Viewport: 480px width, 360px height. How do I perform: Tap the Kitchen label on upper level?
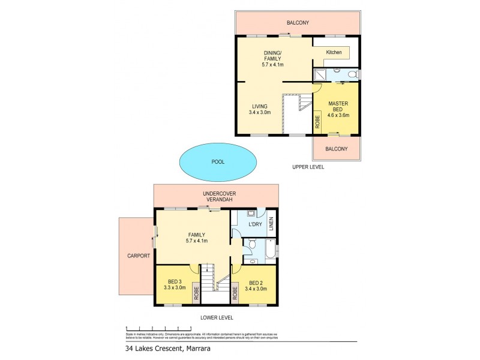tap(334, 52)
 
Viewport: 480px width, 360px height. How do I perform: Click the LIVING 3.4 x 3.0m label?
tap(260, 109)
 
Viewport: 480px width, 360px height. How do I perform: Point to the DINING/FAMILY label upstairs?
tap(273, 59)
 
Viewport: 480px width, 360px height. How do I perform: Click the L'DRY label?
tap(256, 224)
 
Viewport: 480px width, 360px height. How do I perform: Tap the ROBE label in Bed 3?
tap(196, 292)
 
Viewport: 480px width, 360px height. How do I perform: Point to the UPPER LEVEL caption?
tap(308, 167)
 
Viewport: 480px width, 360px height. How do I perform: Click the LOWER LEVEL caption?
tap(217, 317)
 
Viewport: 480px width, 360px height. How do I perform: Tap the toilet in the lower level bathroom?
tap(252, 245)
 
